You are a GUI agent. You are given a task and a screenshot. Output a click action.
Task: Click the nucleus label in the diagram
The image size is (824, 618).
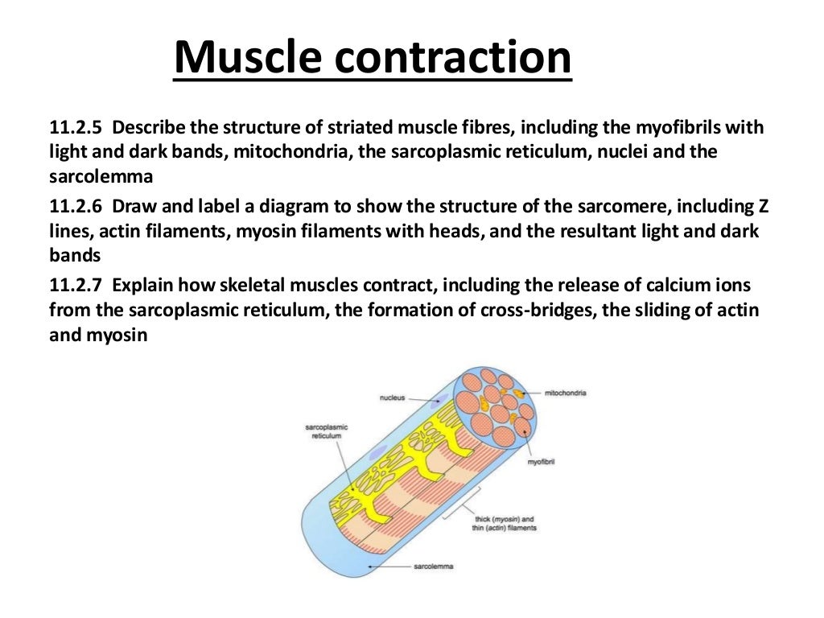(392, 398)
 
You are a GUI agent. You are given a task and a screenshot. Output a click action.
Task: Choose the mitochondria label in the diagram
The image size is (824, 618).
(566, 393)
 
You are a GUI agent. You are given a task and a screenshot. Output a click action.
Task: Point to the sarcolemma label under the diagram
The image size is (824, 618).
(434, 566)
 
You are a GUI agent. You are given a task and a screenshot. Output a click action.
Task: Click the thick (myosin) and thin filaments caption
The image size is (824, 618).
(505, 524)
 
